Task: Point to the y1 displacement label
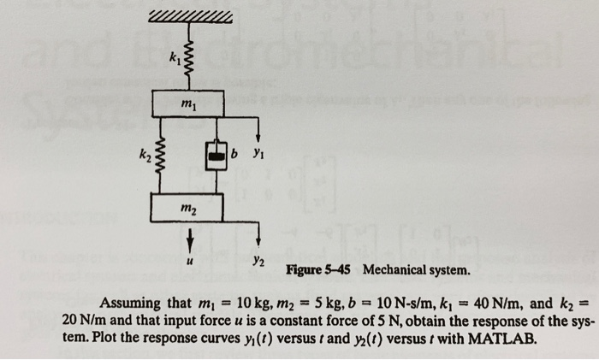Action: (x=253, y=156)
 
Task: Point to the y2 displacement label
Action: (x=258, y=258)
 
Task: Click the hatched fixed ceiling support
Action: (x=189, y=17)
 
